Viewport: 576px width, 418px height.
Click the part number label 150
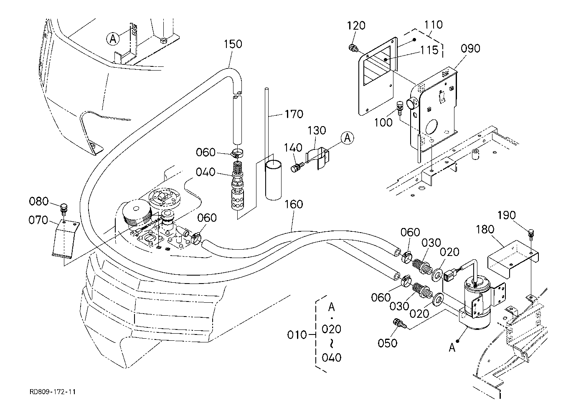233,44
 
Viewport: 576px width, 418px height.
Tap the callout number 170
294,114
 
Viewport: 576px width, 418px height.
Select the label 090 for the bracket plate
470,48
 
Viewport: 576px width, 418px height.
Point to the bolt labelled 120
354,48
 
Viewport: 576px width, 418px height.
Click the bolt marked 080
64,207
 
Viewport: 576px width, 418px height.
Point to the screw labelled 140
296,167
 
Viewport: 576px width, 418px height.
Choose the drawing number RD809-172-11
53,392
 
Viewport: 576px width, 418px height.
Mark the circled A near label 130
348,137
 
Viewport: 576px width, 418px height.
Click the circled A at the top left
113,39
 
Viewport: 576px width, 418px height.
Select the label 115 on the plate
430,51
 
